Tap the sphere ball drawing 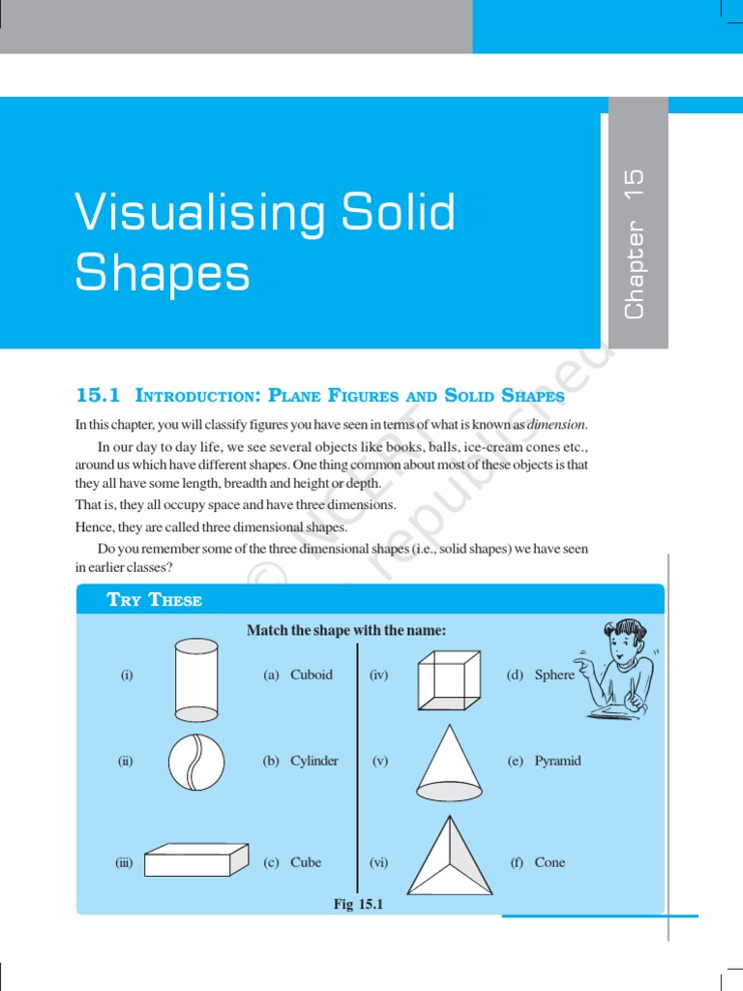pos(196,762)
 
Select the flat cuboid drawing pos(199,859)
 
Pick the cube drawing pos(448,677)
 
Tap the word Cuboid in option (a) pos(312,675)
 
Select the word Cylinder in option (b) pos(314,761)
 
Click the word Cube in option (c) pos(306,862)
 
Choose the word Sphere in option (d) pos(554,675)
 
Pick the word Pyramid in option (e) pos(558,761)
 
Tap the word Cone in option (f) pos(550,862)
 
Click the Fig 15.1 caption pos(359,904)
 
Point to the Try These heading pos(155,600)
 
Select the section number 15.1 pos(98,395)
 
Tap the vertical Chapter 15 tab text pos(635,244)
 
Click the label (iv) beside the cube pos(378,675)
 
